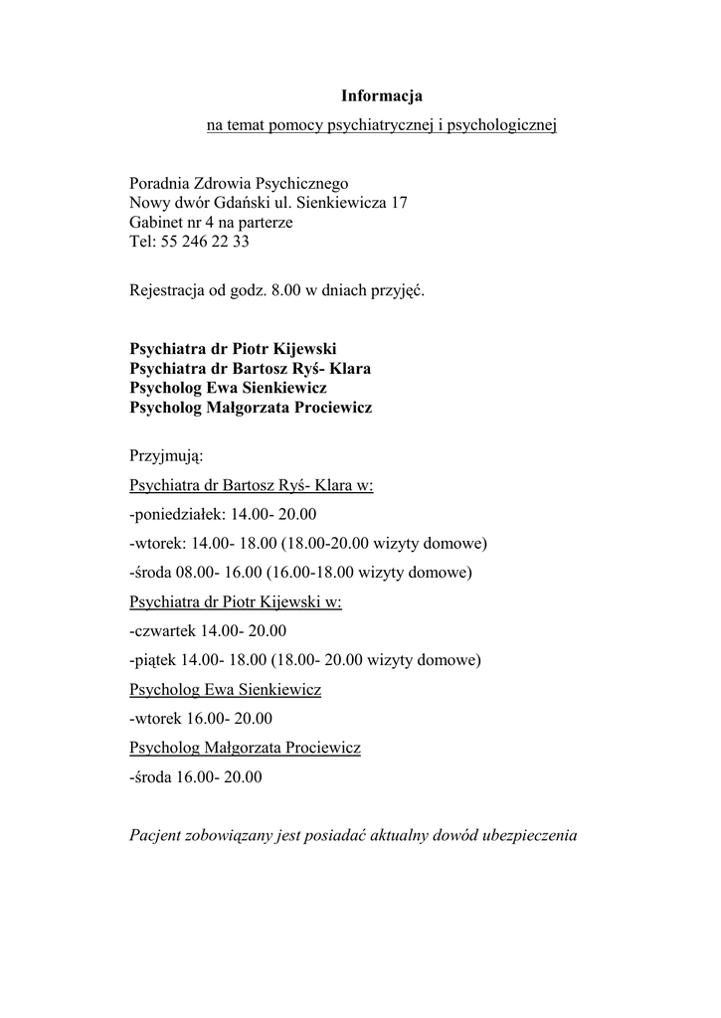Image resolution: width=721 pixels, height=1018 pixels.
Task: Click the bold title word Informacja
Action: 382,96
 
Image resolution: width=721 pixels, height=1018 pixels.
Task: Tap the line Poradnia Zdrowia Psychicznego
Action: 238,184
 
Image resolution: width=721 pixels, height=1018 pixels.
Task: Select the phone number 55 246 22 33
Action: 204,241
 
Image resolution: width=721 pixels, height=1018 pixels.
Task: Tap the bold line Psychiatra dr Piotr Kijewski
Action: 233,349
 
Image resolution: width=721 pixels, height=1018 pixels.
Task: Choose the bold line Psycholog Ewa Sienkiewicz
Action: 228,388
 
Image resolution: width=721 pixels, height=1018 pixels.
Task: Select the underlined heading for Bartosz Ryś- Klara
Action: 251,486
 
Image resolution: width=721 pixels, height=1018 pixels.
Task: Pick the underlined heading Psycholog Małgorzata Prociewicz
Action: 245,747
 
